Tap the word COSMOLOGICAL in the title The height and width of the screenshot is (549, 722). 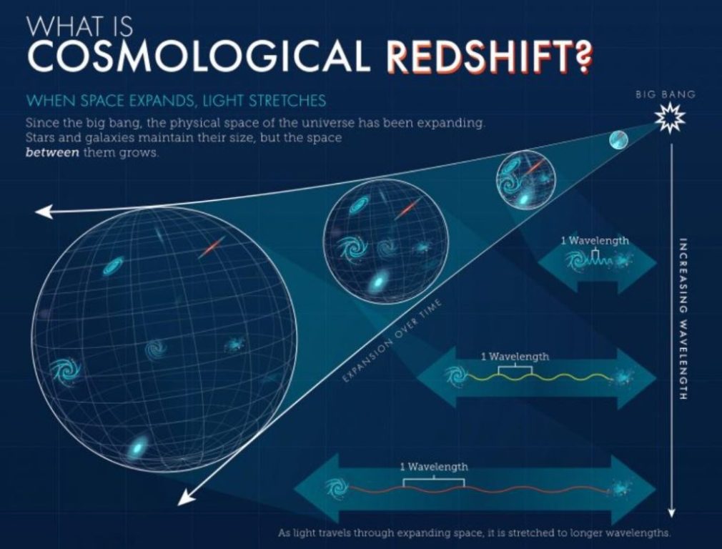[x=199, y=56]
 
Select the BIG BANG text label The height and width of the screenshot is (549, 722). [x=666, y=94]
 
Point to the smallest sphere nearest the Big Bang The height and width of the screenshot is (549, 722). [x=618, y=140]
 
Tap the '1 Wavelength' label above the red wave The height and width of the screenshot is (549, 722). [x=434, y=467]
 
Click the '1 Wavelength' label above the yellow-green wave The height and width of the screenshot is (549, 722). [x=515, y=357]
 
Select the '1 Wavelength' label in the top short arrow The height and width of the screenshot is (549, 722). [x=595, y=240]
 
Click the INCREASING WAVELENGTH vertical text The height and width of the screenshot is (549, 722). [x=683, y=319]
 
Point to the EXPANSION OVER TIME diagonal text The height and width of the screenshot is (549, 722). [x=392, y=340]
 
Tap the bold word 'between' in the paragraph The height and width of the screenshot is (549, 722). [x=52, y=152]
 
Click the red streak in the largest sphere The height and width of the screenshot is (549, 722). [x=212, y=247]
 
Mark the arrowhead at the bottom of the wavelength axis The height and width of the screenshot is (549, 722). [x=671, y=512]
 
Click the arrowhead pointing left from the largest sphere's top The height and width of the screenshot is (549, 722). [x=44, y=212]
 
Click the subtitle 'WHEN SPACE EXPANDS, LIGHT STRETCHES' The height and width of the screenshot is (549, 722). [x=177, y=100]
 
